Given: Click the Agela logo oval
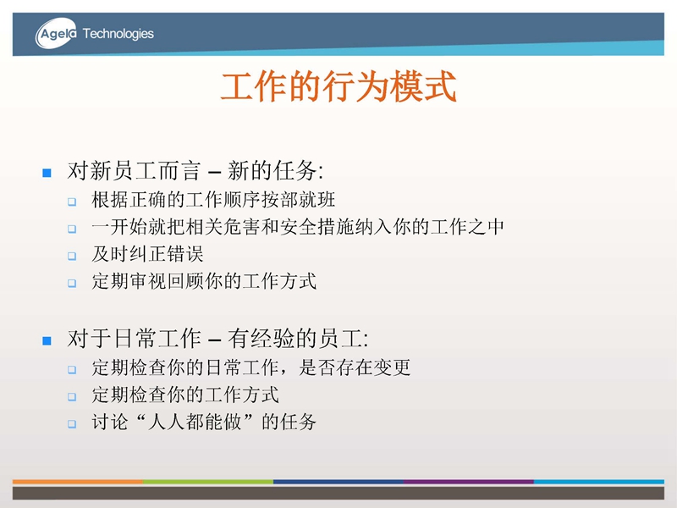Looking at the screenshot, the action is pyautogui.click(x=56, y=33).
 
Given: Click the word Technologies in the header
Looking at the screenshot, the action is pyautogui.click(x=118, y=33).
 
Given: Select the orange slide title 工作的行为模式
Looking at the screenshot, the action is pyautogui.click(x=338, y=86).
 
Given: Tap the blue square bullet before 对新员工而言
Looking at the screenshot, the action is pyautogui.click(x=47, y=173).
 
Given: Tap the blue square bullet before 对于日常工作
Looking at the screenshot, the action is pyautogui.click(x=47, y=341).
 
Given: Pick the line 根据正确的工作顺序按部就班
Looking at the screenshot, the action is pyautogui.click(x=213, y=200).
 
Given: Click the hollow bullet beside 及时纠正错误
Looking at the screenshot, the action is pyautogui.click(x=72, y=256).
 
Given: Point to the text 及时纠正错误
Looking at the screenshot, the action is pyautogui.click(x=147, y=254).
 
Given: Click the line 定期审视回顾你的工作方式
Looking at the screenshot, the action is pyautogui.click(x=204, y=281).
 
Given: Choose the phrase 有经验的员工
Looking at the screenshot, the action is pyautogui.click(x=298, y=338).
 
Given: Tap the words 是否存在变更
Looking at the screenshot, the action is pyautogui.click(x=355, y=367).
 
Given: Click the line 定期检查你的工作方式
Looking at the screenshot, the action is pyautogui.click(x=185, y=395).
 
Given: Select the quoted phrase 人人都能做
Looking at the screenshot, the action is pyautogui.click(x=195, y=422).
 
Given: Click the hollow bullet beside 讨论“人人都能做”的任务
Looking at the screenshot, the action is pyautogui.click(x=72, y=424).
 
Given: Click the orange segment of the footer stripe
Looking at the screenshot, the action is pyautogui.click(x=78, y=481).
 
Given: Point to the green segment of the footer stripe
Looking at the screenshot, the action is pyautogui.click(x=208, y=481).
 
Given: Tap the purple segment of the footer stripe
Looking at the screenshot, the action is pyautogui.click(x=469, y=481).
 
